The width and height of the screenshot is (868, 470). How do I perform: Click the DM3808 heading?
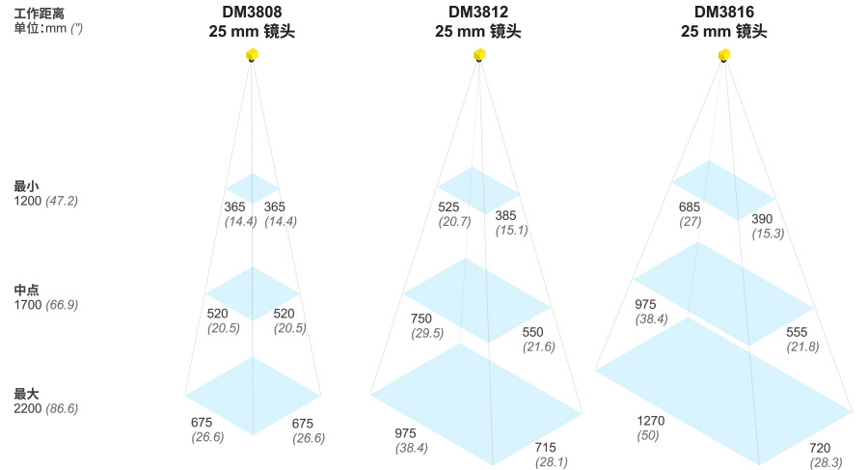pos(251,13)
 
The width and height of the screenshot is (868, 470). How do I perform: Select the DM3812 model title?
pos(478,13)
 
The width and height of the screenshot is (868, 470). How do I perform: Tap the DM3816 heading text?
pos(723,13)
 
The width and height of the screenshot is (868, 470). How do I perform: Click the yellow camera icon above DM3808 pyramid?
pos(252,56)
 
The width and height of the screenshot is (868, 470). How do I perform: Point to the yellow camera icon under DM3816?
pos(724,56)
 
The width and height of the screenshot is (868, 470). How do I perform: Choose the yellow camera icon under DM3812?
pos(479,56)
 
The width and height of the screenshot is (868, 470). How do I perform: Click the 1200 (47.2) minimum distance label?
pos(45,201)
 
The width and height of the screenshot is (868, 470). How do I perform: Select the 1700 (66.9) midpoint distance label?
pos(45,304)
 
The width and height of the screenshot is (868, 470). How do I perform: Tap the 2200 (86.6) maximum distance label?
pos(45,408)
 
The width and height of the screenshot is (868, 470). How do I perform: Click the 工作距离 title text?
pos(40,14)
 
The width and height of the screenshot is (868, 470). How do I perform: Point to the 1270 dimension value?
pos(651,421)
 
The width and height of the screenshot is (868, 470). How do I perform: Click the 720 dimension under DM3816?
pos(820,448)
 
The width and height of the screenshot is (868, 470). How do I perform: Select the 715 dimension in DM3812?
pos(546,447)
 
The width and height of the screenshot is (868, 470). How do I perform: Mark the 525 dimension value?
pos(449,207)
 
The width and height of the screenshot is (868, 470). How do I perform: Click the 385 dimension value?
pos(506,215)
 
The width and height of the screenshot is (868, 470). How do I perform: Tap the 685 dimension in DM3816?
pos(689,207)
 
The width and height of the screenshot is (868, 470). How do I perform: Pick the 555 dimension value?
pos(797,332)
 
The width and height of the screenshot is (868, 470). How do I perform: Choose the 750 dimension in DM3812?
pos(421,318)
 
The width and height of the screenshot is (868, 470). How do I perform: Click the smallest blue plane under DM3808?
pos(252,188)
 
